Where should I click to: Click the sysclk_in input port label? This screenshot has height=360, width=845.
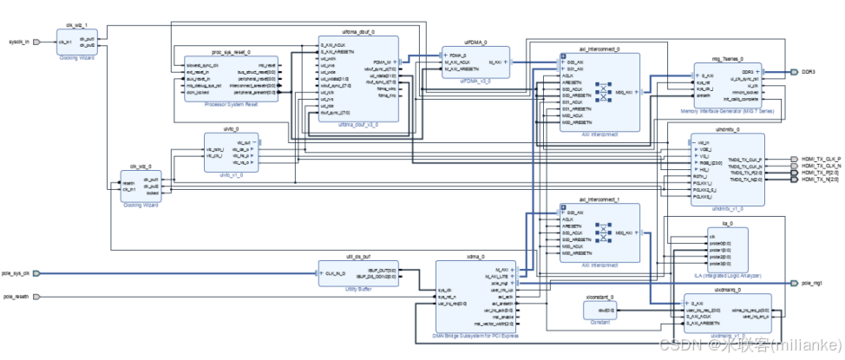(x=18, y=41)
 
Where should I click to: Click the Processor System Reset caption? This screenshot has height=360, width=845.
(x=230, y=104)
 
